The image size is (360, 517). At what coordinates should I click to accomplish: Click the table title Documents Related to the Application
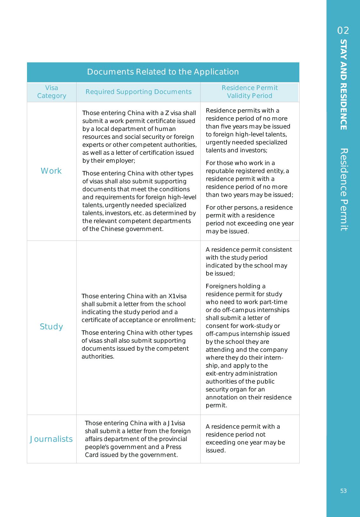point(163,72)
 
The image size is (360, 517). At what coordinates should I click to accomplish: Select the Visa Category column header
point(51,92)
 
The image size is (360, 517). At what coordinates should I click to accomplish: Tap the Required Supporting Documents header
point(139,92)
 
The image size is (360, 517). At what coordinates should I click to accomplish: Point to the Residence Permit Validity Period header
point(250,92)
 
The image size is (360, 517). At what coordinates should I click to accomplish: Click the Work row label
point(51,171)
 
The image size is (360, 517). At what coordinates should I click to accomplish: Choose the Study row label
point(51,327)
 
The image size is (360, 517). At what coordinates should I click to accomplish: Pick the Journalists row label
point(51,439)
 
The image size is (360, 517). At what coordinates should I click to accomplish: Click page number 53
point(343,491)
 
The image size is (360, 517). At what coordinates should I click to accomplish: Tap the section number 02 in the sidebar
point(343,31)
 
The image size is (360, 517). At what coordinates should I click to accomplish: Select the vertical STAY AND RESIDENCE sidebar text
point(343,85)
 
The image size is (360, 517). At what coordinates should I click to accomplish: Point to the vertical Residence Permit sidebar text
point(343,189)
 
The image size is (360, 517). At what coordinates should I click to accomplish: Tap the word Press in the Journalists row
point(173,447)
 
